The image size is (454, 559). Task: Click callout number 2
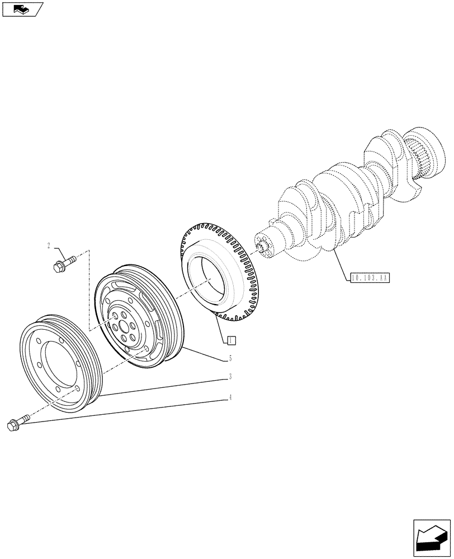[49, 245]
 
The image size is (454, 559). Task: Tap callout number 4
[230, 398]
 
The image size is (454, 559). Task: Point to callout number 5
[230, 358]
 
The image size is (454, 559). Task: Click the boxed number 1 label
[232, 339]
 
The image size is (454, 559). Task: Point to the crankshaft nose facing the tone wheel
[263, 246]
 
